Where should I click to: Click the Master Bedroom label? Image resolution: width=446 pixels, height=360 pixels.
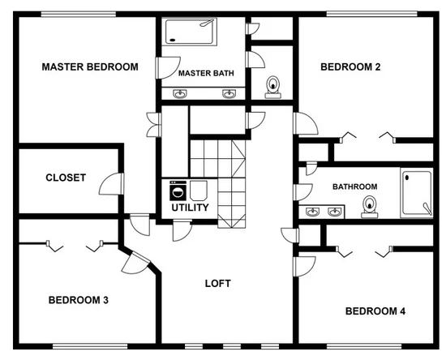pos(90,66)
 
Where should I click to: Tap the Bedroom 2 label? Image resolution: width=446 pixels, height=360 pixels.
pos(350,66)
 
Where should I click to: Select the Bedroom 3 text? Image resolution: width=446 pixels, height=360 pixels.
pos(79,300)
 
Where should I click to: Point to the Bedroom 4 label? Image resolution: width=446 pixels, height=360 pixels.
pos(375,311)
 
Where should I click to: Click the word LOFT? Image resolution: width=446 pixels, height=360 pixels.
pos(218,284)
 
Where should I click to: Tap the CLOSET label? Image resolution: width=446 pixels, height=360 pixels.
pos(66,178)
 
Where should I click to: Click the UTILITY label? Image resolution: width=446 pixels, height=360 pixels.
pos(190,208)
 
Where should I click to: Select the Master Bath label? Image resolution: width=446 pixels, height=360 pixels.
pos(206,73)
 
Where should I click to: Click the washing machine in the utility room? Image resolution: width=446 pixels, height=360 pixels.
pos(178,191)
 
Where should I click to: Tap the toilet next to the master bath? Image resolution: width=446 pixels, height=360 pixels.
pos(273,87)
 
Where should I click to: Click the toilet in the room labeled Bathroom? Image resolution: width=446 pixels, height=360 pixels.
pos(370,207)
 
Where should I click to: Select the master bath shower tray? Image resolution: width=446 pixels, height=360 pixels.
pos(189,32)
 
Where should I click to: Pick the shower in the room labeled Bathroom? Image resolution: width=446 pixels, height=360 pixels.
pos(417,193)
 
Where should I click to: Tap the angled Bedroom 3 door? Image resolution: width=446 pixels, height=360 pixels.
pos(135,263)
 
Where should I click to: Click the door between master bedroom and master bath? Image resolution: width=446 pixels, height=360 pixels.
pos(168,68)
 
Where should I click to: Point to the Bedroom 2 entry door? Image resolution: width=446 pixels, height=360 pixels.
pos(306,123)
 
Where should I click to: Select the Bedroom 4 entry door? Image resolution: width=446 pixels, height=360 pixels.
pos(306,267)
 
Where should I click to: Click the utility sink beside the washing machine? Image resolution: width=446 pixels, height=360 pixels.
pos(198,191)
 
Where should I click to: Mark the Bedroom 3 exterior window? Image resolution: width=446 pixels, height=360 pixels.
pos(90,346)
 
